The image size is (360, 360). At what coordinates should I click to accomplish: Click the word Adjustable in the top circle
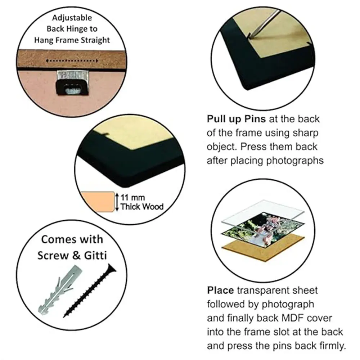(72, 18)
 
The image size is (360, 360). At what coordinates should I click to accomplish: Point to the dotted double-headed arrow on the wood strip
(72, 61)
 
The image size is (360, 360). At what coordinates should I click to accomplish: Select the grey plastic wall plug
(60, 290)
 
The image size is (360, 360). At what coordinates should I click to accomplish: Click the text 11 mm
(133, 197)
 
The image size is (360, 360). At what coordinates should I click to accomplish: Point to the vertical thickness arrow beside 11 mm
(117, 202)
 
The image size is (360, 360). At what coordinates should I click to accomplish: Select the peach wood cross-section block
(98, 202)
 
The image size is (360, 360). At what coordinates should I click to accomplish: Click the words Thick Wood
(142, 207)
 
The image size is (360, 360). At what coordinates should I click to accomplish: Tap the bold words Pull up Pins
(236, 119)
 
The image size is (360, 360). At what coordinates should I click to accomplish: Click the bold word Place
(220, 291)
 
